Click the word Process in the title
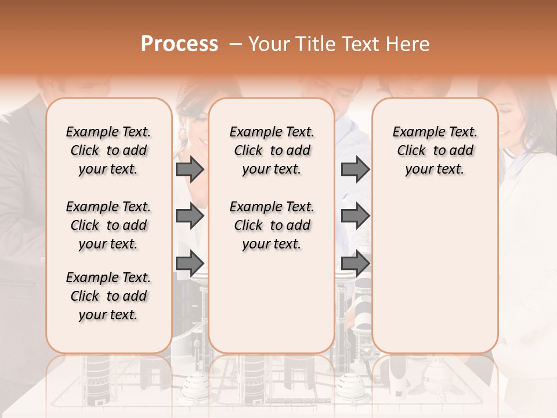click(179, 44)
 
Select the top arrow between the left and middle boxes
click(190, 170)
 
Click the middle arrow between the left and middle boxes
click(190, 216)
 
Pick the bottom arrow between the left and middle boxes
click(190, 264)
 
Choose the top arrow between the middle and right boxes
click(355, 170)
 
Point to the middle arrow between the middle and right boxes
click(355, 216)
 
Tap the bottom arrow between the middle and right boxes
click(355, 264)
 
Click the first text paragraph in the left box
click(108, 150)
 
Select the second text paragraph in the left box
click(108, 225)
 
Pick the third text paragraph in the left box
click(108, 296)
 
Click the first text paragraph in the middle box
click(272, 150)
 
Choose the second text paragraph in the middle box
click(272, 225)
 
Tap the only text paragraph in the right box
click(435, 150)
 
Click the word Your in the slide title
click(269, 44)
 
